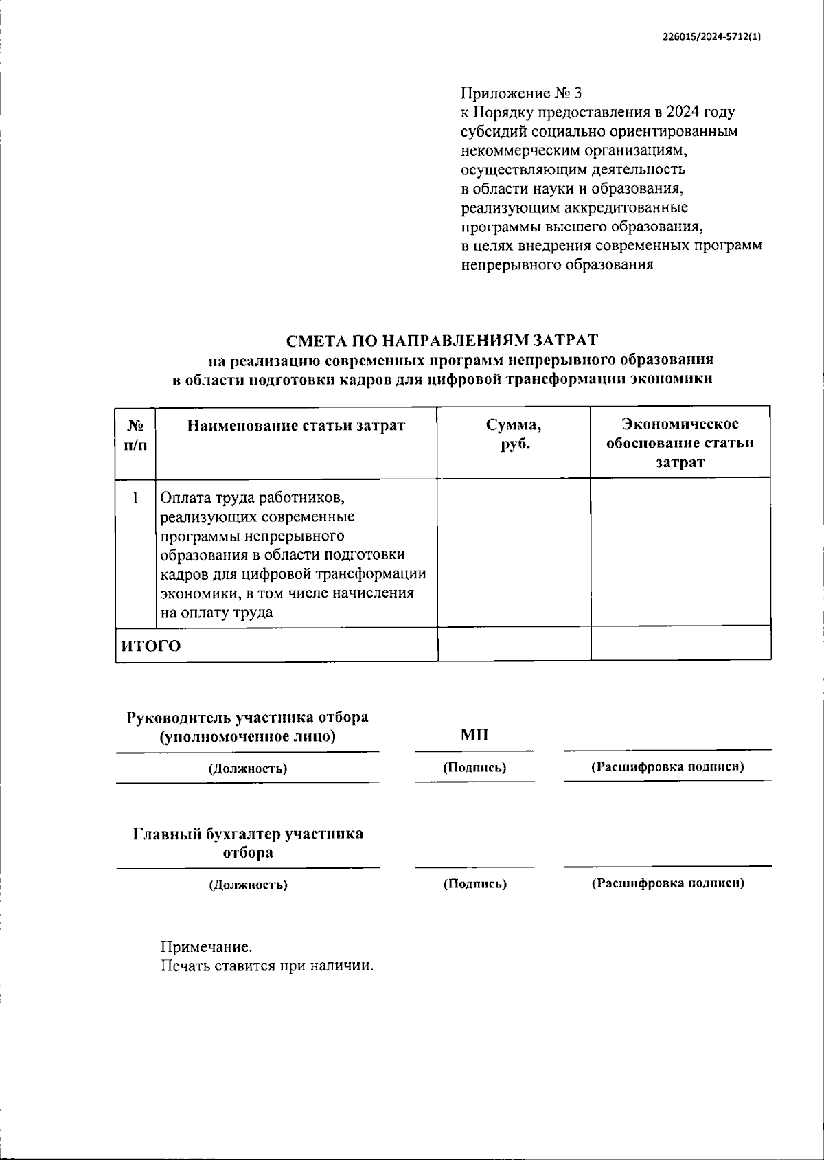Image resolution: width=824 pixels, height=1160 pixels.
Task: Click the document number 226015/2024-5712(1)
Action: (711, 37)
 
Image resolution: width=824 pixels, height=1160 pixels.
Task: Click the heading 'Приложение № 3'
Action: (521, 93)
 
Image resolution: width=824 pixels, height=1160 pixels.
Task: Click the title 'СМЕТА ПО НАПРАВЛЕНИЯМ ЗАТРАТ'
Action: (442, 340)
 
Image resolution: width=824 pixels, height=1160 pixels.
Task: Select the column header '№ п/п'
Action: (135, 435)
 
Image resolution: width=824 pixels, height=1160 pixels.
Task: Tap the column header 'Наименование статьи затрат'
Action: (297, 426)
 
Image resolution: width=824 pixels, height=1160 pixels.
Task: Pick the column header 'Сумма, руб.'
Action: (514, 435)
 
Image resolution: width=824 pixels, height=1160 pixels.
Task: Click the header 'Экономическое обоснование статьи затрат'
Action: (680, 443)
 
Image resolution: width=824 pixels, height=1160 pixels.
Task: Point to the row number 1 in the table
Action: (135, 497)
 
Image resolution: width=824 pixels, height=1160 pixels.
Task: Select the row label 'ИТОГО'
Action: (152, 646)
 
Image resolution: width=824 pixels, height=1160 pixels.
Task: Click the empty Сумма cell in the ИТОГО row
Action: (514, 644)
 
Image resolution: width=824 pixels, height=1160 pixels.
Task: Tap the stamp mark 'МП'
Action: (474, 736)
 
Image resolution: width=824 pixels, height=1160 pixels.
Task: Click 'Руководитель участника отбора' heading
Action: (248, 718)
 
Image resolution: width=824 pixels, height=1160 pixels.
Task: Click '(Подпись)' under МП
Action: (474, 768)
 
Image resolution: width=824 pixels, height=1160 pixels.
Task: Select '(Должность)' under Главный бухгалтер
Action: (248, 885)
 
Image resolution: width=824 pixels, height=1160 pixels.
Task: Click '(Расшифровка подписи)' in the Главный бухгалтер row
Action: (667, 883)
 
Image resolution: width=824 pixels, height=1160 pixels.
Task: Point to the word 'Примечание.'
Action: (207, 948)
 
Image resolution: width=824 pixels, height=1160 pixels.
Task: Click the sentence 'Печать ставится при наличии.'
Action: (268, 966)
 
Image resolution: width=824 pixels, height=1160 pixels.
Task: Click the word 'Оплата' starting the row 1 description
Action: (183, 497)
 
